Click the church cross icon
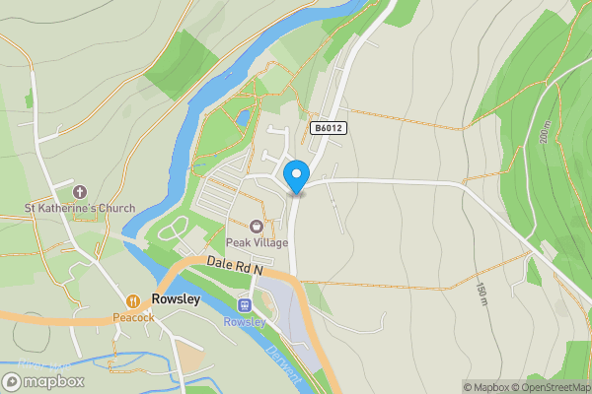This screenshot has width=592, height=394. click(80, 191)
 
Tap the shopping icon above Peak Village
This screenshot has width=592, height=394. click(256, 227)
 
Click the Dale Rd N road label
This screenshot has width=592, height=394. click(237, 265)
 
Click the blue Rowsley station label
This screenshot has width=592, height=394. click(245, 322)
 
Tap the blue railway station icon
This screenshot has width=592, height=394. click(245, 305)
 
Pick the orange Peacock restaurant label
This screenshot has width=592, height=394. click(133, 317)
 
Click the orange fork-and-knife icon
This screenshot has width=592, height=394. click(133, 300)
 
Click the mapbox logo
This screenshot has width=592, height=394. click(43, 381)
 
